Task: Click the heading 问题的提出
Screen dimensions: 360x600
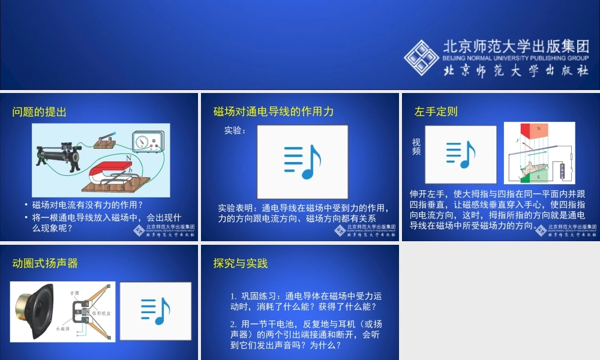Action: (40, 112)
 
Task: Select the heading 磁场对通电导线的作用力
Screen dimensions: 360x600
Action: (274, 112)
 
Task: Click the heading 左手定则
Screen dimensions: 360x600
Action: (436, 112)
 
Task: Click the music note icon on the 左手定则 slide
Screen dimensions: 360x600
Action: (461, 154)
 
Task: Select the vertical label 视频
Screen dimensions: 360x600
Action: (416, 147)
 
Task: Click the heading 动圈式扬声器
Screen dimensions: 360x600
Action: (45, 263)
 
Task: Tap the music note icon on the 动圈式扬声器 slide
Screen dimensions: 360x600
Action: (155, 311)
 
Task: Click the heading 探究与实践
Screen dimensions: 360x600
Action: (241, 263)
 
